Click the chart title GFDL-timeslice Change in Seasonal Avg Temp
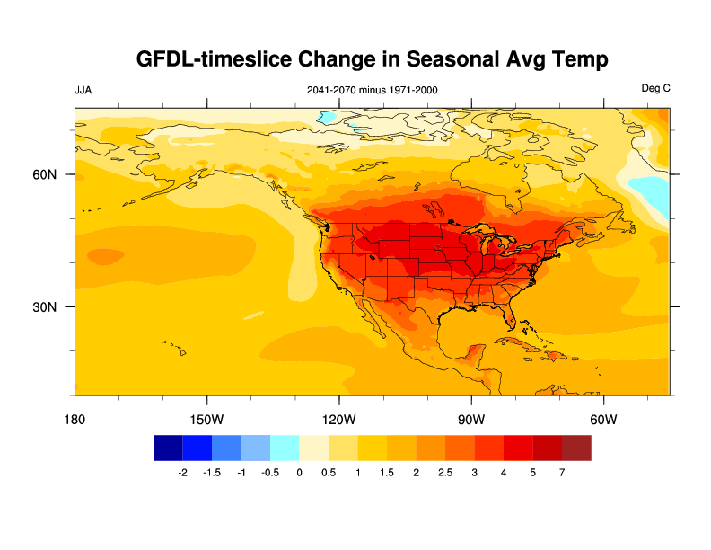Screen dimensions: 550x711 (x=373, y=59)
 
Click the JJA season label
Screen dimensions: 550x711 (x=83, y=90)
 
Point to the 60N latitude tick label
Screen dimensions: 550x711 (x=46, y=174)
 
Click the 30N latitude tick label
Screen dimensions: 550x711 (x=46, y=306)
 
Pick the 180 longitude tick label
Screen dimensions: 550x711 (x=75, y=419)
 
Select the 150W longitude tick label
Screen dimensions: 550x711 (x=206, y=419)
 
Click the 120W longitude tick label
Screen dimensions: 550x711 (x=339, y=419)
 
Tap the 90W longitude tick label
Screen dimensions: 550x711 (x=471, y=419)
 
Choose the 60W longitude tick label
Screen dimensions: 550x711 (x=603, y=419)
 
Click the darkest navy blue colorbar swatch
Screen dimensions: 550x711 (x=168, y=448)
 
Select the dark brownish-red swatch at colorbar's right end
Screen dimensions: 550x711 (x=576, y=448)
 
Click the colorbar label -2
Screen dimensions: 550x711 (x=182, y=473)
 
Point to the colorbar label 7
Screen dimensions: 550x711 (x=562, y=473)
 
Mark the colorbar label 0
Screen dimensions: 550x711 (x=299, y=473)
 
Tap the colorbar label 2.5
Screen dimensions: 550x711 (x=445, y=473)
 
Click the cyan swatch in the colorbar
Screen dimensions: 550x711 (x=285, y=448)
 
